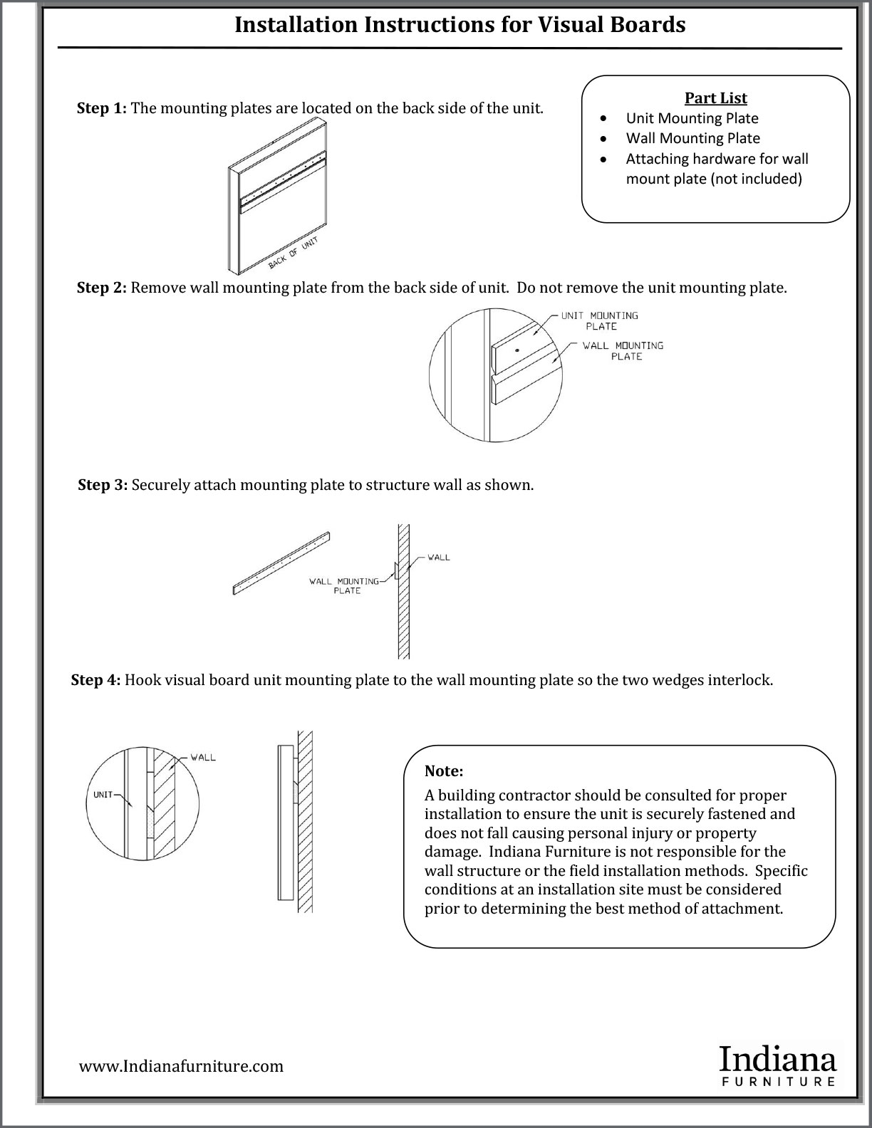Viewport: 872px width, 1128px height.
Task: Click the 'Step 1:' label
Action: click(x=102, y=109)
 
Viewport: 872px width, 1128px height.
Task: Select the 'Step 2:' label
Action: click(x=102, y=288)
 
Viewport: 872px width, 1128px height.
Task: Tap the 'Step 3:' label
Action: click(x=103, y=485)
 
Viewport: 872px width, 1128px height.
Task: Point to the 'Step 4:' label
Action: click(x=96, y=680)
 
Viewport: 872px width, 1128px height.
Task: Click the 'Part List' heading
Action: click(x=715, y=98)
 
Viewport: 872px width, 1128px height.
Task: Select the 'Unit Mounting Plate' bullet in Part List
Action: click(x=692, y=118)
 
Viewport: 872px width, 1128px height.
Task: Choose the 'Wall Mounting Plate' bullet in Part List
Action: click(x=692, y=138)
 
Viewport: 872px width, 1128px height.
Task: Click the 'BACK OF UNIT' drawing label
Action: click(x=292, y=254)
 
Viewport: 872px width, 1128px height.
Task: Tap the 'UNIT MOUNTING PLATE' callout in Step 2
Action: click(x=600, y=320)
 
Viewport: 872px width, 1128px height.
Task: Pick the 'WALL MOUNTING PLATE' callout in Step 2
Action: click(x=623, y=350)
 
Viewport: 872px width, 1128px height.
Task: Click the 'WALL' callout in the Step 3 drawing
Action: click(x=439, y=557)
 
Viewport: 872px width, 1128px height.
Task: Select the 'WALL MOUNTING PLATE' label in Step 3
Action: click(x=344, y=585)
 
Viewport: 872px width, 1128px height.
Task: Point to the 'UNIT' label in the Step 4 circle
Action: click(x=103, y=795)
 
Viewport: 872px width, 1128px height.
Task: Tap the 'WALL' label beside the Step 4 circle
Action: click(x=203, y=757)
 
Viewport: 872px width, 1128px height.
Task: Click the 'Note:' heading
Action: click(x=444, y=771)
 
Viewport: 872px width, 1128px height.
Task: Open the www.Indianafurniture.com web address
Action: click(x=181, y=1066)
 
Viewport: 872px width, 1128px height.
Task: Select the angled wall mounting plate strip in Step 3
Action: click(x=281, y=563)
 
